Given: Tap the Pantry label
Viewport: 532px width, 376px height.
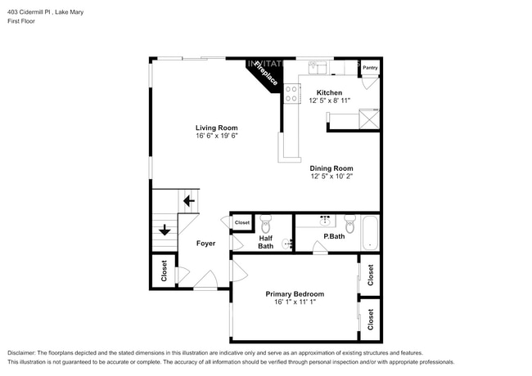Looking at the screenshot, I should (x=370, y=69).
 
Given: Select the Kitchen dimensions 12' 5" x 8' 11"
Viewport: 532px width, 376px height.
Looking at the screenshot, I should (x=329, y=102).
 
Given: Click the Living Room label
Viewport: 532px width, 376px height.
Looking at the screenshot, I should (x=216, y=128).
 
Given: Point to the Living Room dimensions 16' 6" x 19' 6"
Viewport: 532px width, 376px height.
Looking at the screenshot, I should (x=216, y=137).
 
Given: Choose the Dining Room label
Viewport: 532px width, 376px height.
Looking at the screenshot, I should (x=331, y=168).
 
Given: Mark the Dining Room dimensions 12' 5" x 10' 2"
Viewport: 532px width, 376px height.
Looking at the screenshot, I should (x=331, y=177).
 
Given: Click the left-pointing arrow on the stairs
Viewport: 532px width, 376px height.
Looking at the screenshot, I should (x=188, y=200).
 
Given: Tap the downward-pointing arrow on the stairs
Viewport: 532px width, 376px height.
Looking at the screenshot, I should (x=165, y=231).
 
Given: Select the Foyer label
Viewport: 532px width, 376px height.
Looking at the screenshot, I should (x=205, y=243).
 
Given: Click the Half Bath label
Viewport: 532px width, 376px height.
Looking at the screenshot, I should (x=266, y=242).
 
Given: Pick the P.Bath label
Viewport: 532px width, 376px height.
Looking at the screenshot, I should (x=333, y=237).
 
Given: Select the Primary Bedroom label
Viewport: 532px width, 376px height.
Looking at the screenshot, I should (x=295, y=293).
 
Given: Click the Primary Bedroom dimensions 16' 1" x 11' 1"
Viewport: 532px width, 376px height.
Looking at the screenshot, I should (x=295, y=302).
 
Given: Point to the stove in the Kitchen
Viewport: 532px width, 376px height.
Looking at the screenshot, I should (x=291, y=91).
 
